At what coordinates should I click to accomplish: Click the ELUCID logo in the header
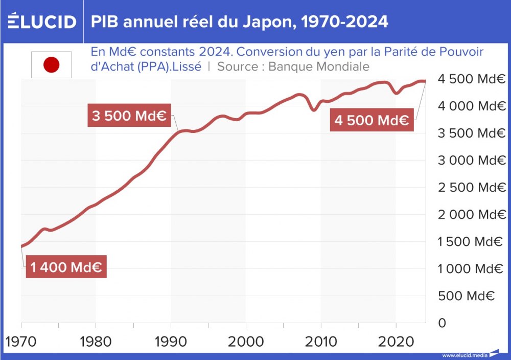pos(41,21)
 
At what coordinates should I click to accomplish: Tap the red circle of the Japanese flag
pos(51,65)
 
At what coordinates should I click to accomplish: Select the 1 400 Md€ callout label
pos(66,267)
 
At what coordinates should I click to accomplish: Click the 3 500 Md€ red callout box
pos(129,116)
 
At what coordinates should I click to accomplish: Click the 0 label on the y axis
pos(443,323)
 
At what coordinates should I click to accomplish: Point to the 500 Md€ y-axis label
pos(466,296)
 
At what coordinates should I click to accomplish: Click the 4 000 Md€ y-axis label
pos(471,106)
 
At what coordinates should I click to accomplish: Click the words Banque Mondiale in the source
pos(318,67)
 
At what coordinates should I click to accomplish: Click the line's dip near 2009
pos(314,110)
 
